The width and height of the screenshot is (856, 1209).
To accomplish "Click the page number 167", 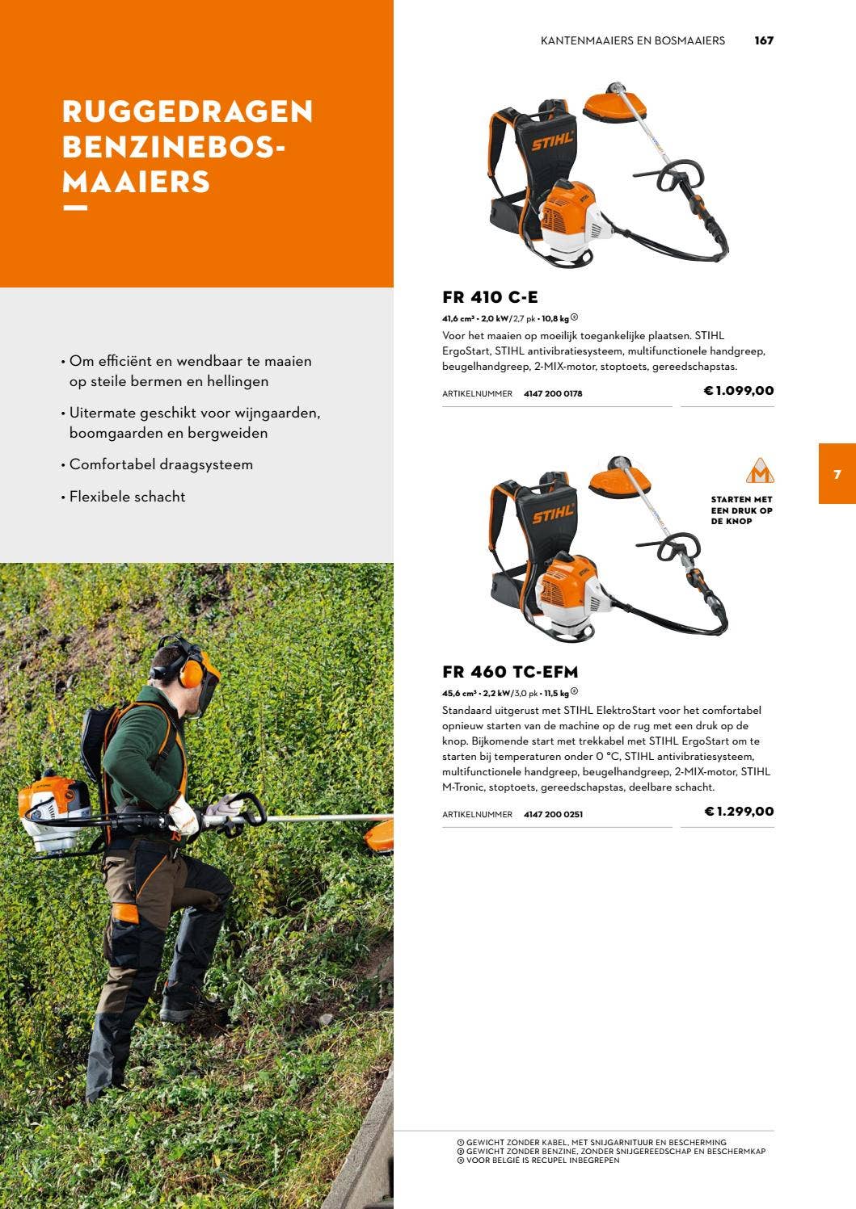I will [x=764, y=40].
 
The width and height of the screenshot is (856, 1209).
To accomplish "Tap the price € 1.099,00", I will [x=739, y=391].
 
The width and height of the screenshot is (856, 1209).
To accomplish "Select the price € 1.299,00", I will [x=739, y=812].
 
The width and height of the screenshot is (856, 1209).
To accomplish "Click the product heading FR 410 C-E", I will [x=490, y=297].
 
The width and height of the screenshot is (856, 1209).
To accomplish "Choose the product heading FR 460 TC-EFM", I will [x=510, y=672].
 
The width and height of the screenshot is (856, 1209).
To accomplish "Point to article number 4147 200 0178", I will [x=553, y=394].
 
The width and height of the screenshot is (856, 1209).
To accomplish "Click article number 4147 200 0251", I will [x=553, y=815].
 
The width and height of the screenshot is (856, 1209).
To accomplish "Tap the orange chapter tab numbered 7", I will [x=837, y=474].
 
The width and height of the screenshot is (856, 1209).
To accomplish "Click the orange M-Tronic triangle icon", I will [x=759, y=471].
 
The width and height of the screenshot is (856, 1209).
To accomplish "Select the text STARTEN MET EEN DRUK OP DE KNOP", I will [x=741, y=510].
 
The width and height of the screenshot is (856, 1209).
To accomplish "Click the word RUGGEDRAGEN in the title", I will [x=188, y=111].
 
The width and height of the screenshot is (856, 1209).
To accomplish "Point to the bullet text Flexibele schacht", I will [x=127, y=497].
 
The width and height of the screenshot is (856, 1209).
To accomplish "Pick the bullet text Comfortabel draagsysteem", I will [x=161, y=464].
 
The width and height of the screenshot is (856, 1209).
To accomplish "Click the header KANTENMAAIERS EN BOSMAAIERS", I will [x=633, y=40].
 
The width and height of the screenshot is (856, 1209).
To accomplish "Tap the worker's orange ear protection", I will [x=192, y=670].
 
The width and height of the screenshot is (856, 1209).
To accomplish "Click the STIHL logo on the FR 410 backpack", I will [x=552, y=141].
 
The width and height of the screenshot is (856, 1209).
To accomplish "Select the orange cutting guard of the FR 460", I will [x=618, y=481].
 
